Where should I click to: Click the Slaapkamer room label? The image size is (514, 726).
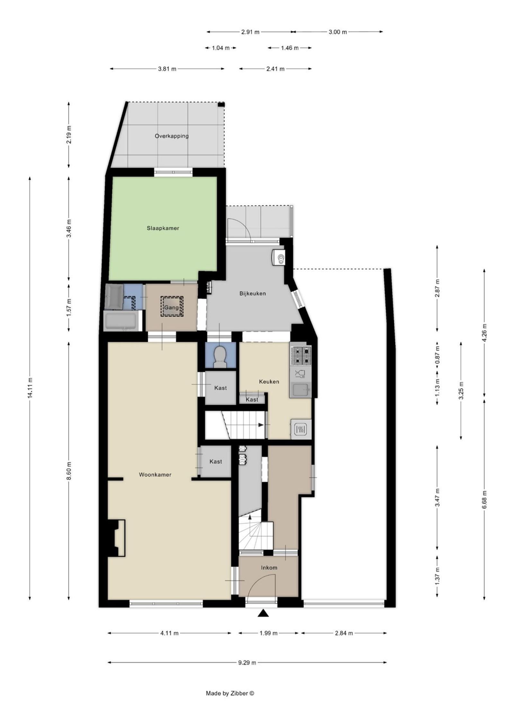coord(163,228)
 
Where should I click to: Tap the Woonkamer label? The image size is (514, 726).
coord(155,474)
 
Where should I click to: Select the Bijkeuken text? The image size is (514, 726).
coord(253,293)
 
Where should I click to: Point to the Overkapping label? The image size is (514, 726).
coord(172,136)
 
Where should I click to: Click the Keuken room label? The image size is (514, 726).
coord(269,382)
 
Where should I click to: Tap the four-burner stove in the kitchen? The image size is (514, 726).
coord(301,356)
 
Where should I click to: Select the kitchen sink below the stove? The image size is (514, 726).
coord(301,390)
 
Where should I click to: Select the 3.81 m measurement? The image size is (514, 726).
coord(167,69)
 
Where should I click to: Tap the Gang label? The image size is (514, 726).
coord(171,307)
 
